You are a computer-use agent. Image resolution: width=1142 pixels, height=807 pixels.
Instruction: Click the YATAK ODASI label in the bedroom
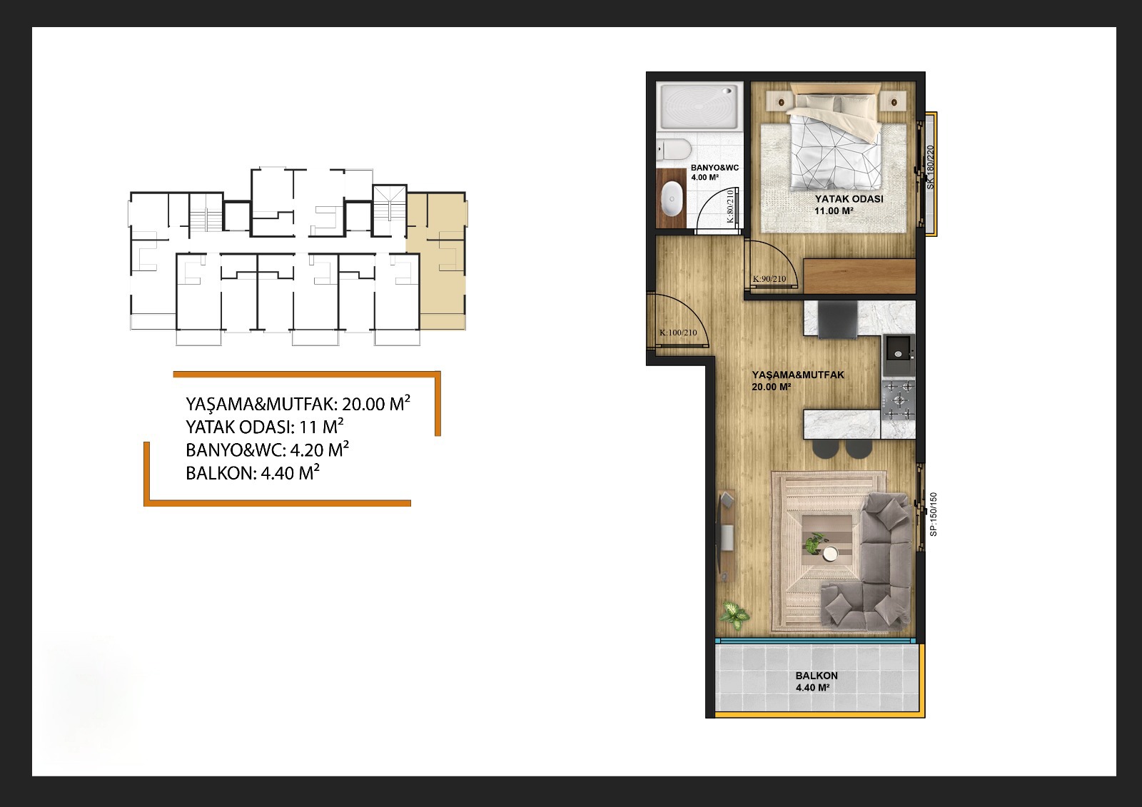(x=849, y=199)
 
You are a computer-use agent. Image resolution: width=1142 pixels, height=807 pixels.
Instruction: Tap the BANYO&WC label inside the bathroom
(x=714, y=168)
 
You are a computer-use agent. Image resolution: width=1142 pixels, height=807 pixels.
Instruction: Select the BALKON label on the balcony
(x=817, y=676)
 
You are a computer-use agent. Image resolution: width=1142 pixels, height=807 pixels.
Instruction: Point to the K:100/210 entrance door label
(x=678, y=333)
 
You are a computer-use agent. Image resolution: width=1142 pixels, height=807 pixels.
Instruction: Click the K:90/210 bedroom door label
(x=769, y=279)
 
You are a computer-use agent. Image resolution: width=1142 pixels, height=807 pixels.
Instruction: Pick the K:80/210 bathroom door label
(x=730, y=206)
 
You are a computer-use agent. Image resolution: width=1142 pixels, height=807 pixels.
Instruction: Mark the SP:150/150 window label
(x=934, y=514)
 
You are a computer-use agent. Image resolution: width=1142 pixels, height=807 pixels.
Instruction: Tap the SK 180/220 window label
(x=930, y=167)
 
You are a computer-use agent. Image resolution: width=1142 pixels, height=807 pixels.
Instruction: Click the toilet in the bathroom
(x=674, y=150)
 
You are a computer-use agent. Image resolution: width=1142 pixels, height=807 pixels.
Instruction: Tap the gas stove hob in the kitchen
(x=899, y=401)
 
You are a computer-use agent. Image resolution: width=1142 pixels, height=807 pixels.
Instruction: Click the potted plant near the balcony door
(x=734, y=616)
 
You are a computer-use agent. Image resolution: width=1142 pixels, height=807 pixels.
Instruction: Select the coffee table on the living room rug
(x=827, y=544)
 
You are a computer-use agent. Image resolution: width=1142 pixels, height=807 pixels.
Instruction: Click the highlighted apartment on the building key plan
(x=436, y=260)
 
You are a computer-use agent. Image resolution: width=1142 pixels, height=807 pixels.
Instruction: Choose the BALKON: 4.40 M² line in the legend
(x=253, y=472)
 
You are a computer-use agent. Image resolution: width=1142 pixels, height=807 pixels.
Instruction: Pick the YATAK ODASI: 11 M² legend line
(x=265, y=426)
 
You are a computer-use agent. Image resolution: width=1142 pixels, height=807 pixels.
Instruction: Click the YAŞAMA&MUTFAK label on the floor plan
(x=798, y=375)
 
